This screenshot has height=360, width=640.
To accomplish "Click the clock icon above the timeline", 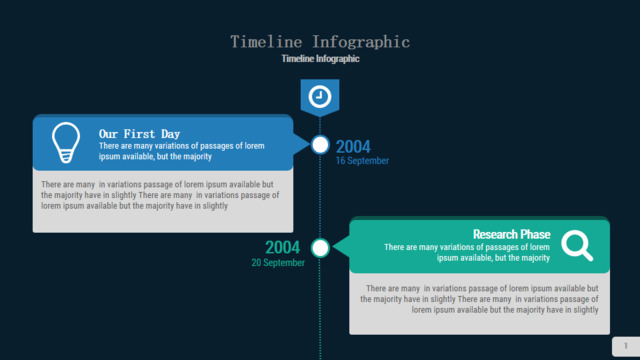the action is click(320, 97).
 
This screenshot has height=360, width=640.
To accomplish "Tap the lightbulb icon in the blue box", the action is click(66, 142).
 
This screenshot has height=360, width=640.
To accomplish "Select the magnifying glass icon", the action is click(577, 245).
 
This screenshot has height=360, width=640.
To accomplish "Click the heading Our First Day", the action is click(139, 134).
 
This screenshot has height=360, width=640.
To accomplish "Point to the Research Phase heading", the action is click(511, 234).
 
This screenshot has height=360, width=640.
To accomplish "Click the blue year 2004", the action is click(353, 147).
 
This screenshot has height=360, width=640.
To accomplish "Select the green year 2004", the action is click(282, 247).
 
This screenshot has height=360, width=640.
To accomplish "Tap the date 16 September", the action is click(362, 161).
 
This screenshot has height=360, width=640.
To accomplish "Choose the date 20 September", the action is click(278, 263).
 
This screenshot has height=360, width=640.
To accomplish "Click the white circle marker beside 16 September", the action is click(320, 144).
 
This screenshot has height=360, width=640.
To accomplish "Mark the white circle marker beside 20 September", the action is click(320, 248).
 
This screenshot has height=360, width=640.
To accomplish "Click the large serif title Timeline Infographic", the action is click(320, 42).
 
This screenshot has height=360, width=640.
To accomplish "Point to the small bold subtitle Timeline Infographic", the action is click(320, 59).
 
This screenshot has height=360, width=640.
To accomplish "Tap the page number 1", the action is click(625, 346).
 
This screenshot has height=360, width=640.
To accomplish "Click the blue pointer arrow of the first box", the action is click(302, 143).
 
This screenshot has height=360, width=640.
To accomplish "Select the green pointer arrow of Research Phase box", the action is click(341, 247).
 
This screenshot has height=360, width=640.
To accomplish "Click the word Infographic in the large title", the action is click(361, 42).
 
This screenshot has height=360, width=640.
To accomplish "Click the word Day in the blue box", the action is click(171, 134).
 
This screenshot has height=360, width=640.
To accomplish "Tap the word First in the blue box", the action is click(139, 134).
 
